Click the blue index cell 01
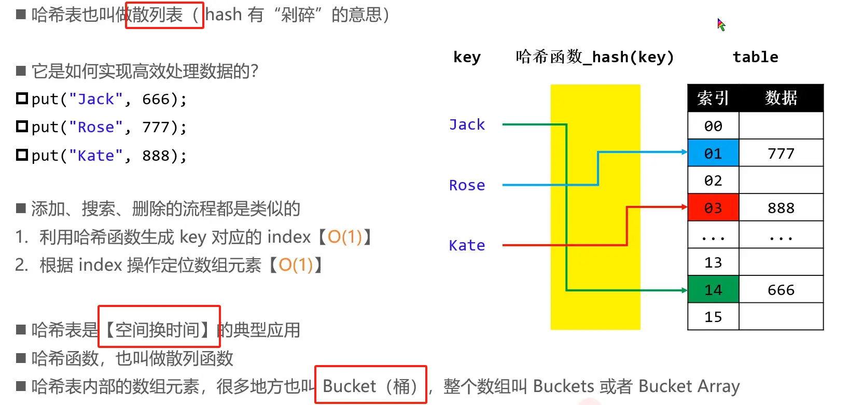coord(713,153)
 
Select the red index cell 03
coord(713,207)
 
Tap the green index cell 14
coord(713,289)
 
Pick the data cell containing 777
coord(781,153)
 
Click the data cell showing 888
coord(781,207)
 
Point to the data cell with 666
coord(781,289)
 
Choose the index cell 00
coord(713,125)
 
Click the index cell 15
coord(713,316)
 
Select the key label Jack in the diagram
coord(467,124)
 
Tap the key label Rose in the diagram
coord(467,185)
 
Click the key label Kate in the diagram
coord(467,245)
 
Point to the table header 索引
coord(713,98)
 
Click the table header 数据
coord(781,98)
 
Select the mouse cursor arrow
coord(721,24)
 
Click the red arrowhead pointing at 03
coord(684,207)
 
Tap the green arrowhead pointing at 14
coord(684,290)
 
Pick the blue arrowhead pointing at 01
coord(684,152)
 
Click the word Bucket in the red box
coord(349,386)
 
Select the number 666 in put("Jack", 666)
coord(156,99)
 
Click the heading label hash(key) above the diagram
coord(632,57)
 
